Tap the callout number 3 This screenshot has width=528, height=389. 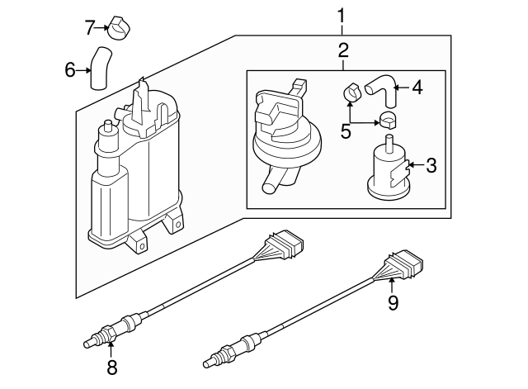[x=431, y=166]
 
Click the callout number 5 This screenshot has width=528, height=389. [x=345, y=130]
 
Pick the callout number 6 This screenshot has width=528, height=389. [x=71, y=69]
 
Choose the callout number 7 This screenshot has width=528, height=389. [x=91, y=26]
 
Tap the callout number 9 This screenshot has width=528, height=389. [x=393, y=303]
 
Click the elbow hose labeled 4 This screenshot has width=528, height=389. [x=380, y=87]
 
